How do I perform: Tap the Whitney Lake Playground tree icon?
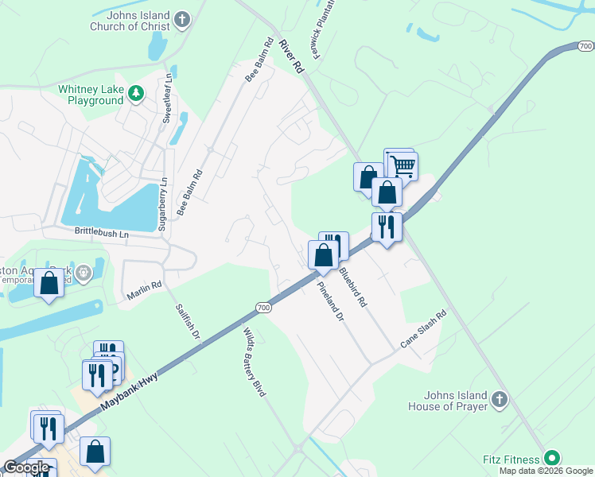click(136, 94)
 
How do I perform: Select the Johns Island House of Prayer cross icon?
click(499, 400)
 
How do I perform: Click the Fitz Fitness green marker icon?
click(550, 459)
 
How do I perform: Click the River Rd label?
click(291, 56)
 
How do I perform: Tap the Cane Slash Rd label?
click(425, 328)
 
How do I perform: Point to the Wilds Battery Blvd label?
click(254, 362)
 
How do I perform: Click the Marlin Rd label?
click(144, 289)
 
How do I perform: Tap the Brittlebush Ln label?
click(101, 235)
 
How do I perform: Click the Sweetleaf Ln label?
click(167, 98)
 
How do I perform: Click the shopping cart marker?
click(403, 166)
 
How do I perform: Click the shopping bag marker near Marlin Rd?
click(49, 283)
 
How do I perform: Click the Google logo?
click(26, 467)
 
